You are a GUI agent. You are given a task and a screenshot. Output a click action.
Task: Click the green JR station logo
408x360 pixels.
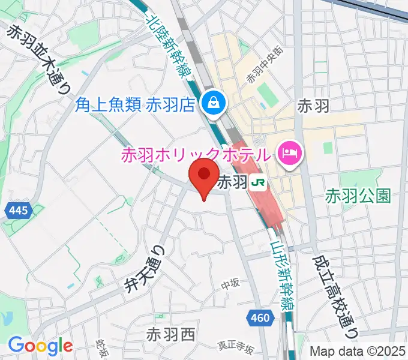click(259, 182)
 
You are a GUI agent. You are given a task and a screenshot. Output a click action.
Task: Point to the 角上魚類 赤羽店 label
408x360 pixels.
click(136, 104)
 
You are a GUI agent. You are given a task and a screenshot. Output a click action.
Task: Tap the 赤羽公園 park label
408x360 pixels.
click(358, 196)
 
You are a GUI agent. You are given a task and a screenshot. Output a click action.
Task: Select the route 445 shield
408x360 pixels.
click(19, 210)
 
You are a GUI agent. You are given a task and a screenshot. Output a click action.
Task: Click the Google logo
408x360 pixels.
click(40, 346)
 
